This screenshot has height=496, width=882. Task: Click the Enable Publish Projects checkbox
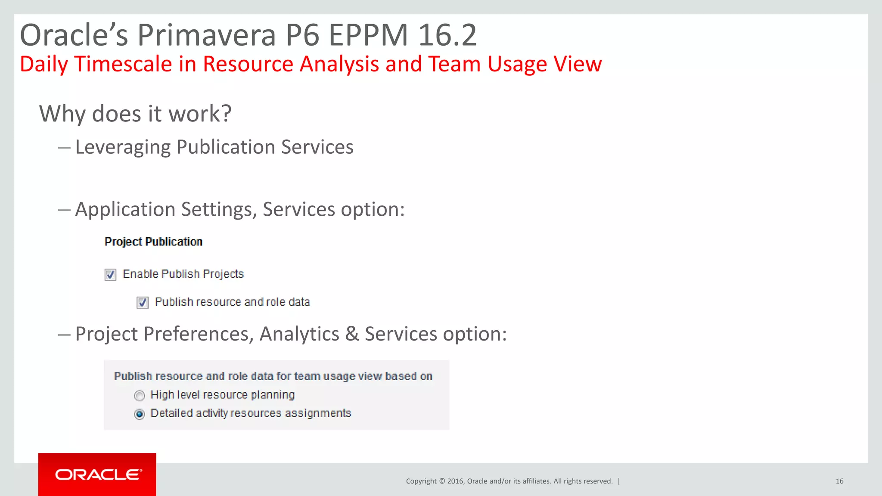pos(110,275)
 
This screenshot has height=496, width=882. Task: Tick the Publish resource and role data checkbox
pos(143,303)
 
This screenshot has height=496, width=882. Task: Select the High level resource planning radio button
pos(140,396)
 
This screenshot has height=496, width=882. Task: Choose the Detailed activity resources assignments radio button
pos(140,414)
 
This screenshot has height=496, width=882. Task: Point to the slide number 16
pos(839,481)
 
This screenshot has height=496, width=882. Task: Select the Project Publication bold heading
pos(153,242)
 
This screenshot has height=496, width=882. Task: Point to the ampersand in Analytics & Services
pos(352,334)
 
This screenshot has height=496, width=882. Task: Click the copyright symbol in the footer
pos(441,481)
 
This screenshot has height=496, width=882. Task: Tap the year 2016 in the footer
pos(455,481)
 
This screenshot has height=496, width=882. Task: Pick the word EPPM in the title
pos(368,35)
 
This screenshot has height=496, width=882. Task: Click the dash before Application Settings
pos(64,210)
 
